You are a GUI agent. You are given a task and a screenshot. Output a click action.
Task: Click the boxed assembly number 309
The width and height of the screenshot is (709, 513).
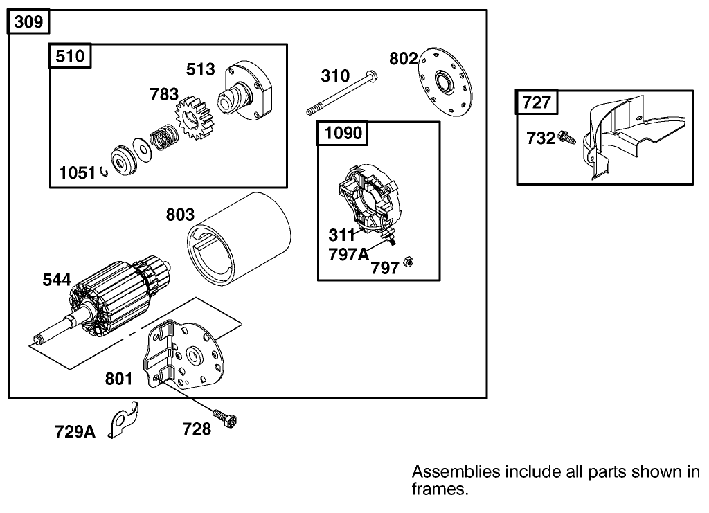28,22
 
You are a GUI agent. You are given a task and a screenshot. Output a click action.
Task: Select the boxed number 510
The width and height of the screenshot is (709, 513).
71,55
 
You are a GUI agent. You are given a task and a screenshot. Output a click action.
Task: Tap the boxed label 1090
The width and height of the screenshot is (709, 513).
343,133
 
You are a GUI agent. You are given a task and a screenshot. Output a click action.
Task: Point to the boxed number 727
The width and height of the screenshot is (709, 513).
537,103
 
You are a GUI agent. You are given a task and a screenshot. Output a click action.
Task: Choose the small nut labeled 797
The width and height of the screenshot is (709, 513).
409,262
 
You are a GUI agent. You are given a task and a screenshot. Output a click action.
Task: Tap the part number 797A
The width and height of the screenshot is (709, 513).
348,254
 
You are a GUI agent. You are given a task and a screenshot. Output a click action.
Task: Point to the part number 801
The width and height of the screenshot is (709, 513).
118,379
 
